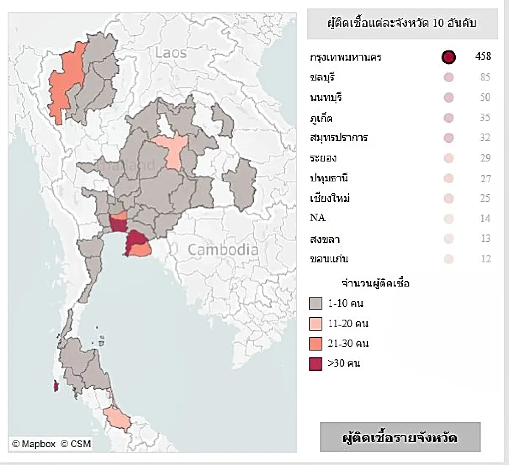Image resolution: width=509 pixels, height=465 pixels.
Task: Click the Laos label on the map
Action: click(x=171, y=53)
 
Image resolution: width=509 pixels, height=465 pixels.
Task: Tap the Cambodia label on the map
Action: click(x=223, y=250)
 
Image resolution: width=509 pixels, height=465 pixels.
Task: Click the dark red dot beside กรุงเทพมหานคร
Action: click(x=448, y=57)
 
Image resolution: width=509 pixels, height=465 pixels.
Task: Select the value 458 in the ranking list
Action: click(x=483, y=56)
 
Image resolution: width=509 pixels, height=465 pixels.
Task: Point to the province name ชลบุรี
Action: click(x=322, y=78)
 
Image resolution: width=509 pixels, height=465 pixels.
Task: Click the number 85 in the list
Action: click(x=485, y=77)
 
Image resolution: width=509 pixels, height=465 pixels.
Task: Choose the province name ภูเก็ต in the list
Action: click(x=321, y=118)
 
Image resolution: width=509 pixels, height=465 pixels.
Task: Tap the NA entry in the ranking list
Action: click(x=317, y=218)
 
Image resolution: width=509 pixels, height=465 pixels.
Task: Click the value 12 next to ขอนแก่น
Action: click(x=486, y=259)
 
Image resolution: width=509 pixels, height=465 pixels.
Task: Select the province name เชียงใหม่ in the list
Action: click(x=330, y=198)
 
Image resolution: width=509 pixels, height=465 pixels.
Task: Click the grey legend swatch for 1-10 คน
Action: click(x=316, y=304)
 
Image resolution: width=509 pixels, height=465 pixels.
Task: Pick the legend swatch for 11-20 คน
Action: click(x=316, y=324)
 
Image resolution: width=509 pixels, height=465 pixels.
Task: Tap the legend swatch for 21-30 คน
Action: click(x=316, y=343)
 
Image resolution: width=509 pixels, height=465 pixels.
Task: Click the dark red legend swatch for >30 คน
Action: click(x=316, y=364)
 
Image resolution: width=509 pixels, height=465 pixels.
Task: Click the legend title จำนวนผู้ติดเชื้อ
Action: click(x=375, y=283)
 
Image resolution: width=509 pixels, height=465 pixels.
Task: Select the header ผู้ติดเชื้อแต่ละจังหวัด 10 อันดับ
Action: click(x=402, y=23)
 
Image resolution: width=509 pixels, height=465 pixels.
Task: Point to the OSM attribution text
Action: click(x=76, y=444)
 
